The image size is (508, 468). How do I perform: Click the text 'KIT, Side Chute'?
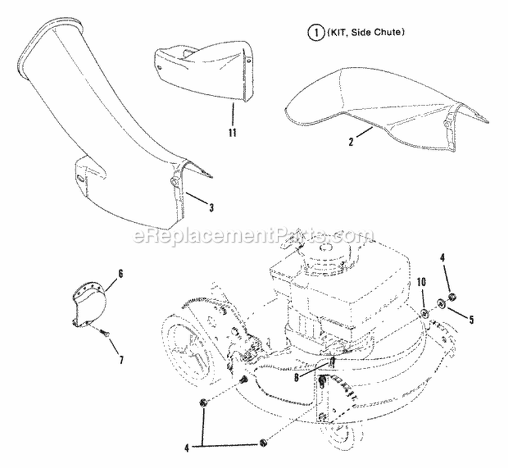(x=335, y=32)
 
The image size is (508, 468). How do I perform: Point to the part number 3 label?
(x=211, y=207)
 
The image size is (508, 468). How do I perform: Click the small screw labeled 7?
(x=103, y=332)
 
